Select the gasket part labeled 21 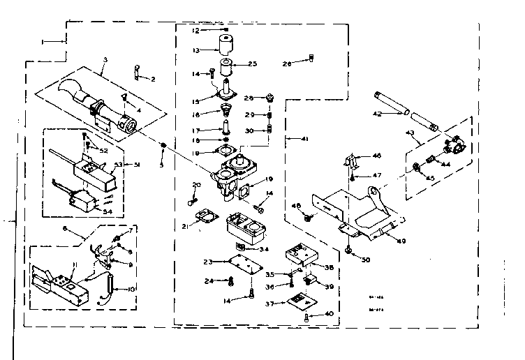[203, 218]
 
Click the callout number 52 [104, 151]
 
